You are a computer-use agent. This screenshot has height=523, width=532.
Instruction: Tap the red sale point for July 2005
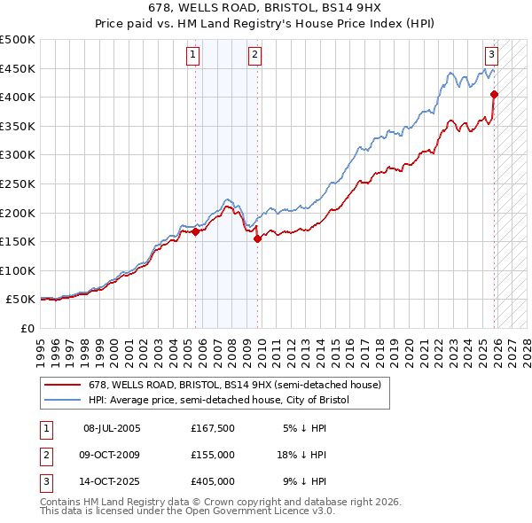(195, 232)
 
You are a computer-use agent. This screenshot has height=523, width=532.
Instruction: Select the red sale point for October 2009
(257, 238)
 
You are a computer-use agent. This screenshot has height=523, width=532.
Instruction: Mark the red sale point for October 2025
(494, 94)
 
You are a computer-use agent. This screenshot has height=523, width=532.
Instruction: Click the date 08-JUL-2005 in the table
(112, 428)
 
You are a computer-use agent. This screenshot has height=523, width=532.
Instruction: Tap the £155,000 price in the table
(212, 455)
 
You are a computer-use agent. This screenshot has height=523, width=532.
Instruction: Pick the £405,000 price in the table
(212, 481)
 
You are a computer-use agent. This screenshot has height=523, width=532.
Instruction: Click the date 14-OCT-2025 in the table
(112, 481)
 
